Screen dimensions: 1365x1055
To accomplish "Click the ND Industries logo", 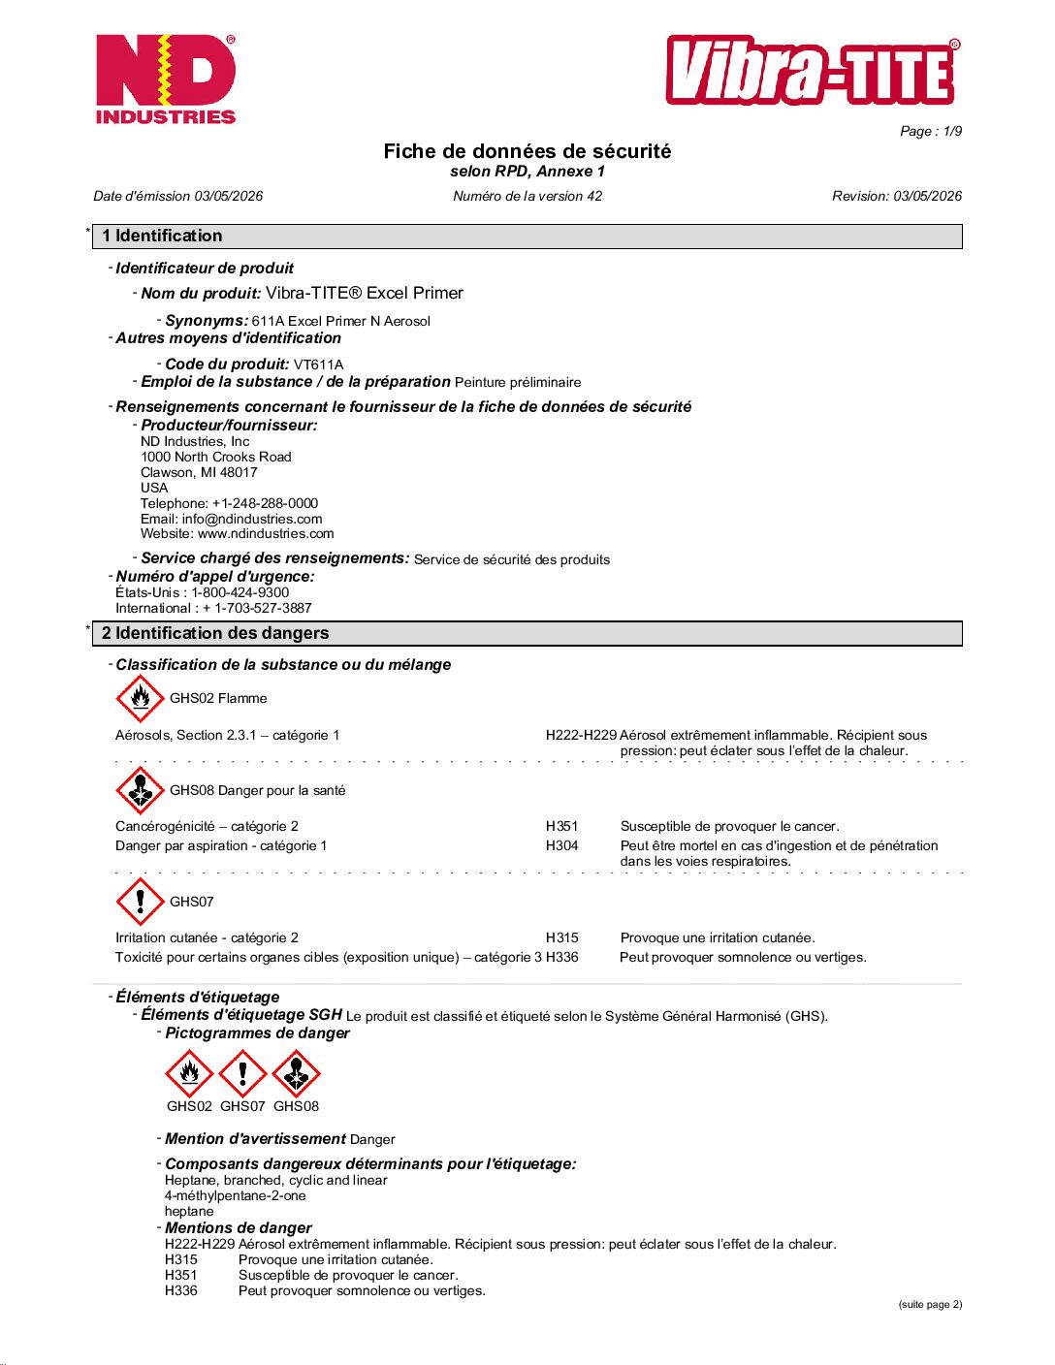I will (x=166, y=79).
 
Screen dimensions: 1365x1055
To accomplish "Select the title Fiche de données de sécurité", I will (x=527, y=151).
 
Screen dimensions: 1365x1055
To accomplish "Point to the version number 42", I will (x=593, y=196).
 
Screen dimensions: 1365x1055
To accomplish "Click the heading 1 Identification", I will (x=162, y=236).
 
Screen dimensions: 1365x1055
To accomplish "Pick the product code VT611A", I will (x=318, y=365).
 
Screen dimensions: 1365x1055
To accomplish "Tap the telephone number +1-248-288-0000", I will (x=265, y=503).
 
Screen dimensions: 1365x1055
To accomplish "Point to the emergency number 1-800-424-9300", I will (x=240, y=592).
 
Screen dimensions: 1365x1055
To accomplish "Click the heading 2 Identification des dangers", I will (x=215, y=633).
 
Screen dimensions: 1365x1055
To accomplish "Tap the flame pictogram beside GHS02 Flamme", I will (x=140, y=698).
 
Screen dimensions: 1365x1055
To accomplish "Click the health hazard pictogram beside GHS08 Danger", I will (x=140, y=790).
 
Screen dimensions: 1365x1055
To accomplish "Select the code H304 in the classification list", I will (x=561, y=845).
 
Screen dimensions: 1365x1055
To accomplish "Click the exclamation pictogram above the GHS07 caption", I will (x=242, y=1073).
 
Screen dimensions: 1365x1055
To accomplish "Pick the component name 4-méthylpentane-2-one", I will (x=235, y=1195).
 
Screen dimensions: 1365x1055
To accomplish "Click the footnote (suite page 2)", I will (x=930, y=1304).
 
